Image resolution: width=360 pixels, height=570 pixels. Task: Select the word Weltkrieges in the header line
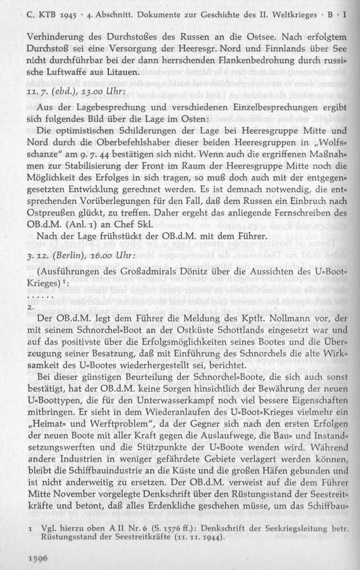pos(300,13)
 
